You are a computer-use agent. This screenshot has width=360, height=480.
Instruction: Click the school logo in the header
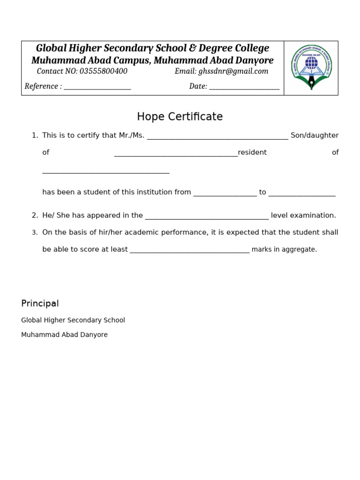point(311,67)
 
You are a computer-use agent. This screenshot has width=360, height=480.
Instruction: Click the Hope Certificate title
point(180,117)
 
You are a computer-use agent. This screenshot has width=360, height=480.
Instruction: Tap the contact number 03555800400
point(103,72)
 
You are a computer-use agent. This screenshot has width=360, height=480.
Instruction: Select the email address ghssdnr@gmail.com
point(233,72)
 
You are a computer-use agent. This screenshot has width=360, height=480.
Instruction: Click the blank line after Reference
point(97,87)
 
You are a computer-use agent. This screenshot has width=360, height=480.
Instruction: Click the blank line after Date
point(244,87)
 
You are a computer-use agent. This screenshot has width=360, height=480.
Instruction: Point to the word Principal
point(40,304)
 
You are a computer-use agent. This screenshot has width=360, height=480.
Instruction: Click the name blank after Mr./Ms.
point(217,137)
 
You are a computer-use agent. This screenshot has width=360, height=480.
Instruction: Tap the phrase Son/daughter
point(315,135)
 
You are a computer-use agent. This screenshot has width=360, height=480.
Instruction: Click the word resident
point(252,152)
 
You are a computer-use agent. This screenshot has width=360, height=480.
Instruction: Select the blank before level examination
point(207,217)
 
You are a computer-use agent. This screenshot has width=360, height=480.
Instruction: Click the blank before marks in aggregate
point(189,251)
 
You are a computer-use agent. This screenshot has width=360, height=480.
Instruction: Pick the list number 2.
point(35,216)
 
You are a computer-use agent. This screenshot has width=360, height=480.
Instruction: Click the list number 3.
point(35,232)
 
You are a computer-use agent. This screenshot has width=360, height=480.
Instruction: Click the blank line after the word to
point(302,194)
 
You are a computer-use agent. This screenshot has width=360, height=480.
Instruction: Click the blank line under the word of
point(105,172)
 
